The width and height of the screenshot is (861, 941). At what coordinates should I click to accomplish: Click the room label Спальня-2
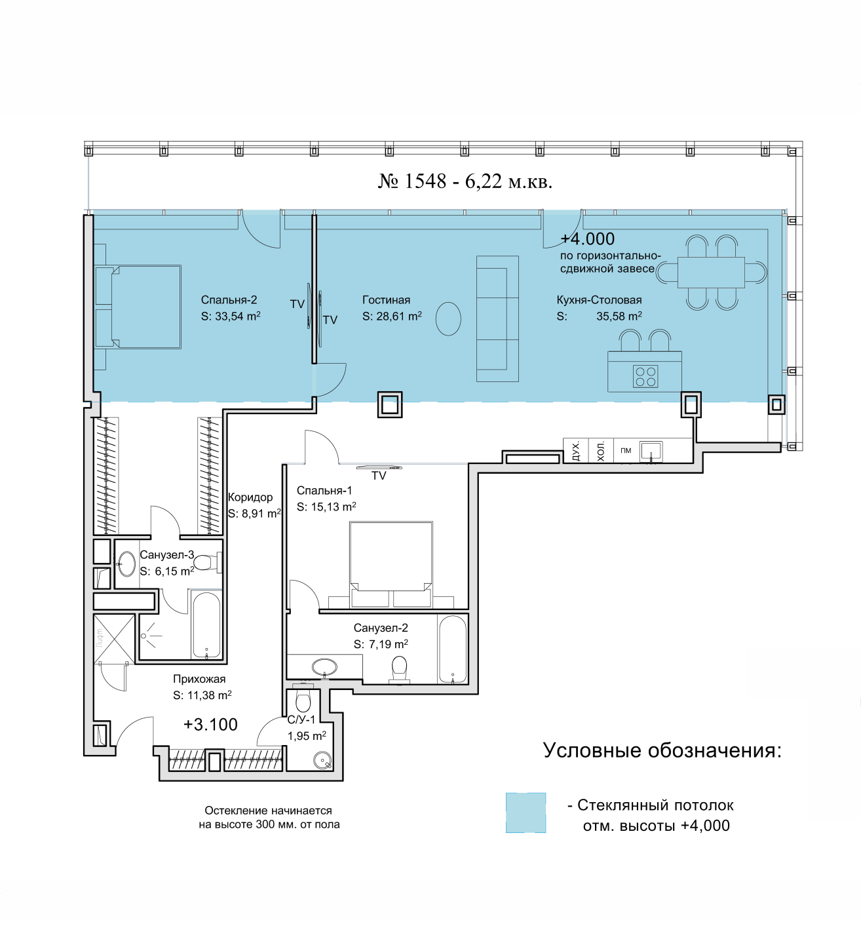(x=229, y=299)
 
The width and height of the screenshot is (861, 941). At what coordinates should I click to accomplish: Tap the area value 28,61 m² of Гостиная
(x=399, y=316)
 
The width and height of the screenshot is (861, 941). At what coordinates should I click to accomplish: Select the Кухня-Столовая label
(x=599, y=299)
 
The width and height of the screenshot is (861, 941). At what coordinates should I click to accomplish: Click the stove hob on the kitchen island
(x=645, y=375)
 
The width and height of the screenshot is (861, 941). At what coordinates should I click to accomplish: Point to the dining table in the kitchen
(x=711, y=272)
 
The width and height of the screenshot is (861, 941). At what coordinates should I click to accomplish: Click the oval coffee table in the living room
(x=448, y=318)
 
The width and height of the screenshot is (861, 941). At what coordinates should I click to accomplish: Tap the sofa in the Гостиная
(x=497, y=318)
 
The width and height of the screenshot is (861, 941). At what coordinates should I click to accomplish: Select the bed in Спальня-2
(x=138, y=307)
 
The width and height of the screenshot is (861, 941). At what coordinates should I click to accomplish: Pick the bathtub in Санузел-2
(x=452, y=649)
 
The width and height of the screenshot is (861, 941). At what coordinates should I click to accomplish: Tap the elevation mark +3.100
(x=211, y=725)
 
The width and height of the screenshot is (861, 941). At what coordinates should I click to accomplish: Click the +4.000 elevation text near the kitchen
(x=588, y=239)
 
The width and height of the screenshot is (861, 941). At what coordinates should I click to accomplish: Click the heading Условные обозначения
(x=662, y=750)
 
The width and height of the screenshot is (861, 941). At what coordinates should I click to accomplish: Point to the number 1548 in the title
(x=425, y=181)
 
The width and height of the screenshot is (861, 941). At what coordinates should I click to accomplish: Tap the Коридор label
(x=250, y=497)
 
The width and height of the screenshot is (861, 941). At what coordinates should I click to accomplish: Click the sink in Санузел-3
(x=126, y=563)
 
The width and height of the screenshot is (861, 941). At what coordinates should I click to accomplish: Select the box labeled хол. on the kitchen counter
(x=601, y=451)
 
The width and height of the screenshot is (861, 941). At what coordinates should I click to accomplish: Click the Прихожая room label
(x=199, y=679)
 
